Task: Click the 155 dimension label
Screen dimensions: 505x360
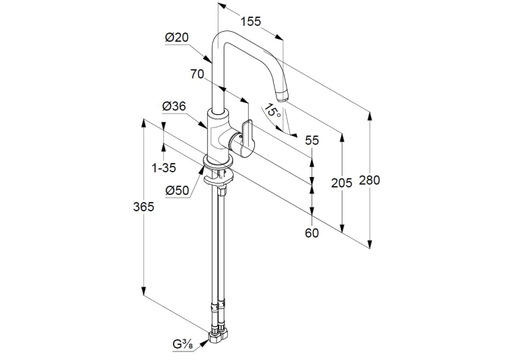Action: point(251,21)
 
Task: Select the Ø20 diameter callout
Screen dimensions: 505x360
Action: point(177,38)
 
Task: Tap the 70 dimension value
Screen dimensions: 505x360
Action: point(197,74)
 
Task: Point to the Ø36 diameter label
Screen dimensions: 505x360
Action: point(174,106)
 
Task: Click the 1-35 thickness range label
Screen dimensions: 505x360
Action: point(164,168)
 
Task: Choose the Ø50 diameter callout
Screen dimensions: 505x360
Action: point(177,190)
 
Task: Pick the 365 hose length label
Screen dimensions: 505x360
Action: point(144,207)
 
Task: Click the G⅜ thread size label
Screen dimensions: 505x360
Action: point(183,345)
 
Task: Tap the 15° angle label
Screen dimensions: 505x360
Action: point(271,110)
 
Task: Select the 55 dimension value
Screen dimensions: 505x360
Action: point(312,140)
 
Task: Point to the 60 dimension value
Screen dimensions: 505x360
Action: point(312,233)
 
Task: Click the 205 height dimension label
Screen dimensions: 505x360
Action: point(342,183)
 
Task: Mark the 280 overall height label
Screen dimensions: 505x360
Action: point(370,180)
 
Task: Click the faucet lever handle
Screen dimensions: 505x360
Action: point(246,137)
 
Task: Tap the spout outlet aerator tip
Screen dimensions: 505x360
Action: point(282,96)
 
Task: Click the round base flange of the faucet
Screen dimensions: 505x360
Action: point(219,162)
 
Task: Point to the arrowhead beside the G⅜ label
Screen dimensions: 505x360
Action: point(204,344)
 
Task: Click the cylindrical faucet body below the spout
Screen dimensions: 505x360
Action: point(218,135)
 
